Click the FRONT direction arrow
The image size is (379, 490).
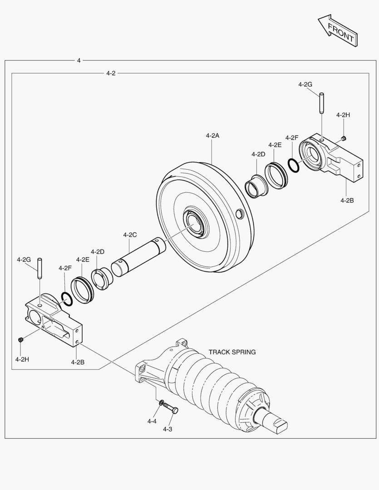336,31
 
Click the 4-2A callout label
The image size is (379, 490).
212,135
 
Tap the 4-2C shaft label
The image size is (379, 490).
130,235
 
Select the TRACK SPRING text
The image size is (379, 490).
232,352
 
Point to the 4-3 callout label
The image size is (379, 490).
167,429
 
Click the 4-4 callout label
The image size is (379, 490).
152,421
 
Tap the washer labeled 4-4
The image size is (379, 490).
162,402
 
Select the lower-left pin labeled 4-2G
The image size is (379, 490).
40,269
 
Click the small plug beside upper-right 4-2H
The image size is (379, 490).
344,137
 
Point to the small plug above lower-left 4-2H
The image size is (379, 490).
20,340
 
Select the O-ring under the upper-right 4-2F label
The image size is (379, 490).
294,165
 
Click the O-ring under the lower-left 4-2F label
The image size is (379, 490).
66,298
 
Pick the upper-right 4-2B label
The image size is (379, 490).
347,200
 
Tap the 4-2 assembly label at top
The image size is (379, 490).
111,73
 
